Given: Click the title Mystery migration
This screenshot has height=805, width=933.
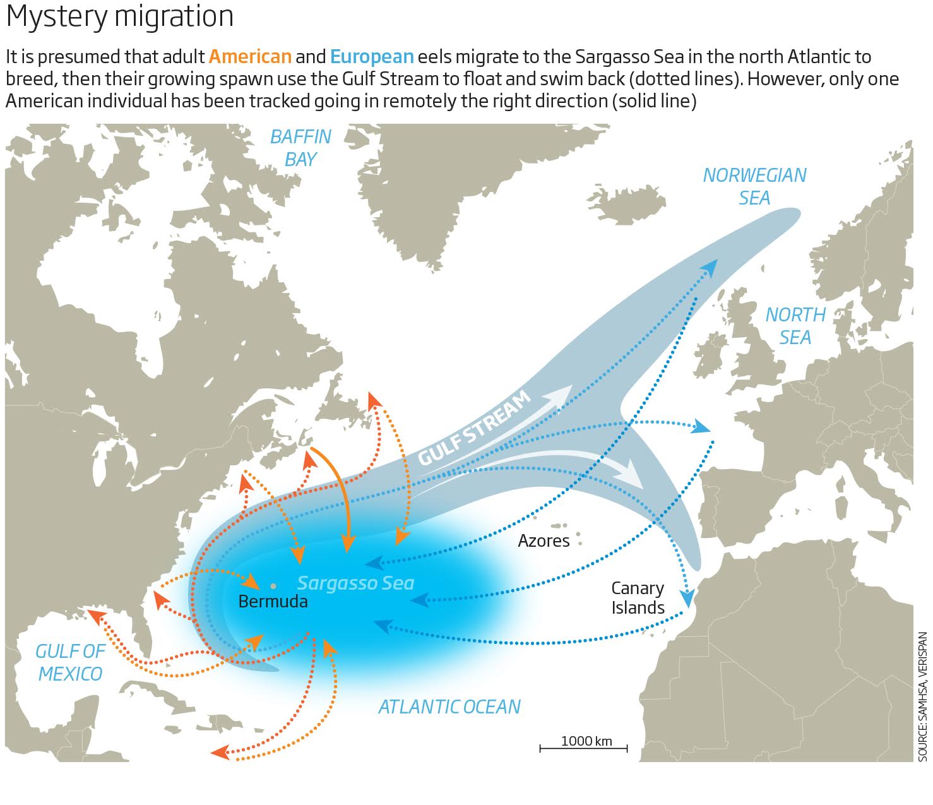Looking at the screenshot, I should (x=120, y=16).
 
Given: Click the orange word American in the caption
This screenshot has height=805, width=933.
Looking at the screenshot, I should (x=250, y=57).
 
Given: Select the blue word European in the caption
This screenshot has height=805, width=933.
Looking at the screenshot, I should (x=372, y=57).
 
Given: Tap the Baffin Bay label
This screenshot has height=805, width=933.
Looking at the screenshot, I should (x=300, y=148).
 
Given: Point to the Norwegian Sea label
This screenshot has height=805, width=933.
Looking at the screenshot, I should (x=754, y=186).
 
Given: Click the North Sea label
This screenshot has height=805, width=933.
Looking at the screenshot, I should (x=795, y=326).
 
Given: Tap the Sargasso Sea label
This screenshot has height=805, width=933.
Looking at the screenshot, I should (x=355, y=583).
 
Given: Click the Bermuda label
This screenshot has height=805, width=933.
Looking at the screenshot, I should (x=273, y=601).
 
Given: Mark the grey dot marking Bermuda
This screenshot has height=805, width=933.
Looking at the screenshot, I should (x=273, y=586).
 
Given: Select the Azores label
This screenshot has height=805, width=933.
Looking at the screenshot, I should (x=544, y=540).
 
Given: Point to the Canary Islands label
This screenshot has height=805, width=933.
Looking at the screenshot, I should (x=638, y=597).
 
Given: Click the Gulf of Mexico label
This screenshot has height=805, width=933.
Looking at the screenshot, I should (x=69, y=662).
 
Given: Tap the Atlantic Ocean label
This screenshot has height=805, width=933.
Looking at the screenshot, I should (x=449, y=707).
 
